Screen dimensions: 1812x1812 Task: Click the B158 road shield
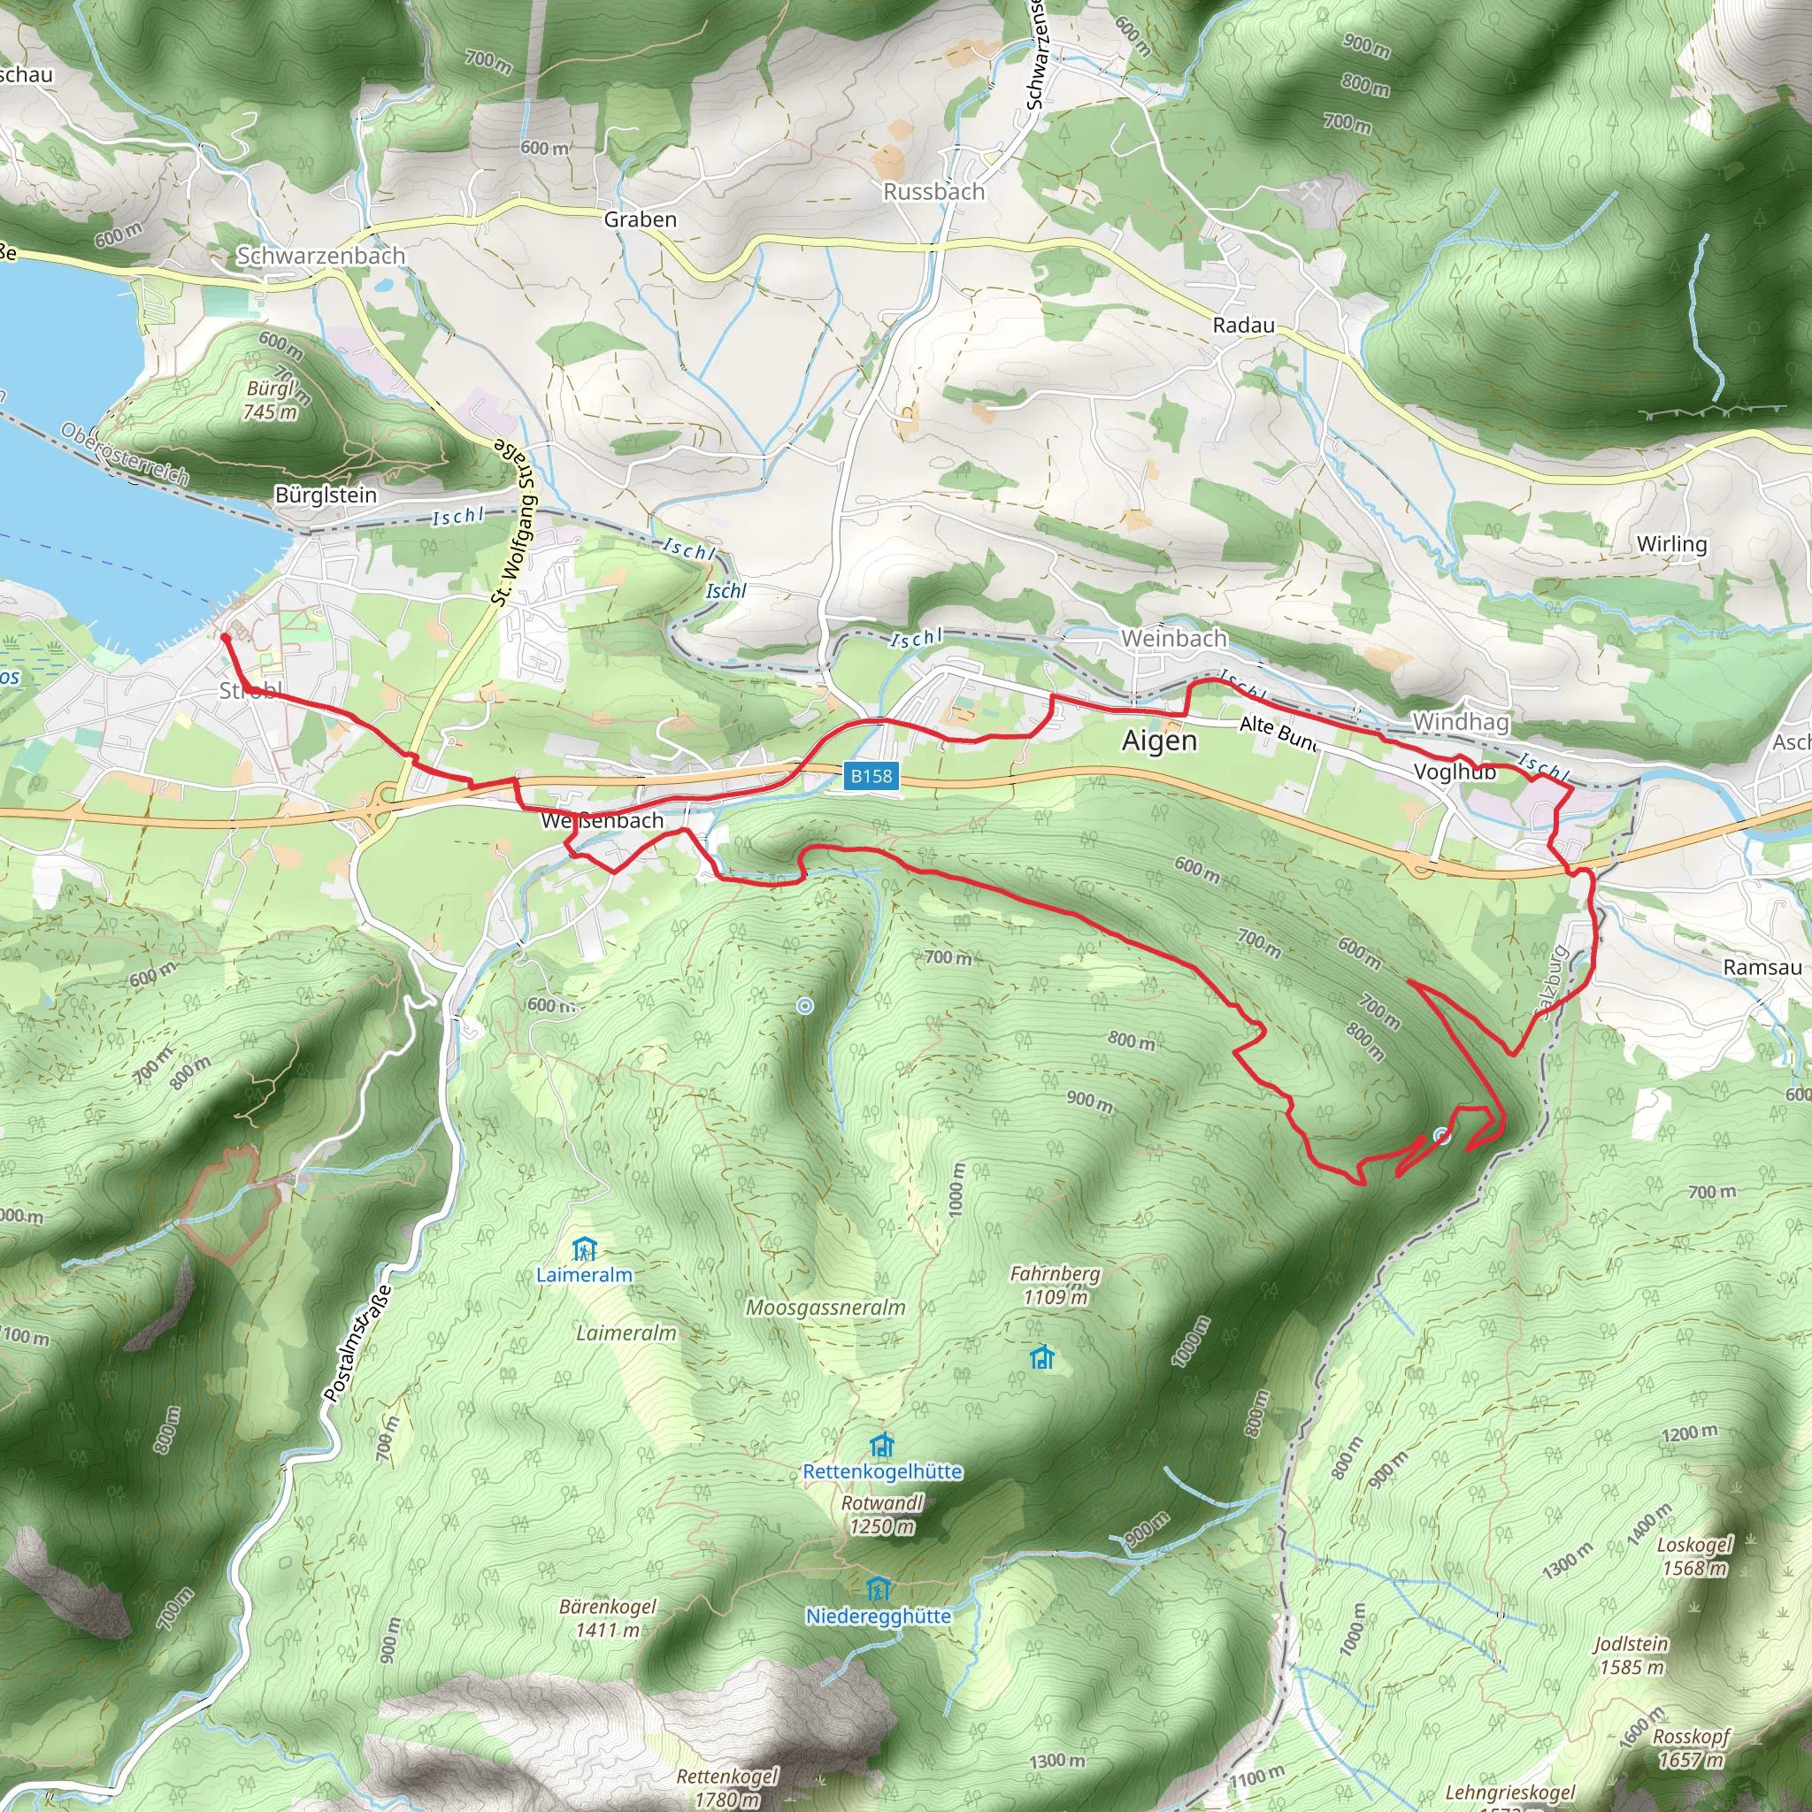click(x=871, y=776)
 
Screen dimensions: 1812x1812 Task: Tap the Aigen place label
click(x=1159, y=741)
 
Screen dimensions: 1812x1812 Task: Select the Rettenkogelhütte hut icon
click(x=881, y=1444)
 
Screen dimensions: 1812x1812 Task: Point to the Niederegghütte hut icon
click(x=878, y=1589)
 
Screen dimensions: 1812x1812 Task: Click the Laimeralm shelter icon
click(x=584, y=1249)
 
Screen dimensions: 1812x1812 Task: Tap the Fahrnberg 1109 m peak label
click(x=1056, y=1285)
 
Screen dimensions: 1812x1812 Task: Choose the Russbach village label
click(x=934, y=191)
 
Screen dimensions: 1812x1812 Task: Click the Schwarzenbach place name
click(x=321, y=255)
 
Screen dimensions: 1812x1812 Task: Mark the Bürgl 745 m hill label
click(x=271, y=401)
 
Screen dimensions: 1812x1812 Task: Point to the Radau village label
click(x=1244, y=326)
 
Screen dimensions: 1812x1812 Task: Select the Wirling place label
click(x=1671, y=544)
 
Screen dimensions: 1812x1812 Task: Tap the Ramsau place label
click(x=1762, y=967)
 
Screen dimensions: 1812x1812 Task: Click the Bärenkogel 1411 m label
click(x=608, y=1618)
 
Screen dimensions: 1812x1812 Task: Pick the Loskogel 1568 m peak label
click(x=1694, y=1556)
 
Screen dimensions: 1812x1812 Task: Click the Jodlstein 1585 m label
click(x=1632, y=1655)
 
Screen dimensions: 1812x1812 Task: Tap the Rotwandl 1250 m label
click(x=882, y=1514)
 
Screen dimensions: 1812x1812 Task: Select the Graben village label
click(x=640, y=219)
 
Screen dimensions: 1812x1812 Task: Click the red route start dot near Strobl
click(x=225, y=638)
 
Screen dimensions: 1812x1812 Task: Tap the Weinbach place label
click(x=1173, y=639)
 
